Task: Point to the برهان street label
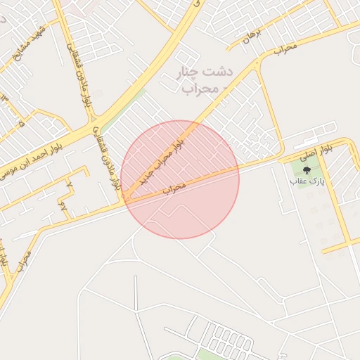252,36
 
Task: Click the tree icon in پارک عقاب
305,169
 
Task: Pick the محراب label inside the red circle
174,188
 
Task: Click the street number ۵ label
21,123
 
